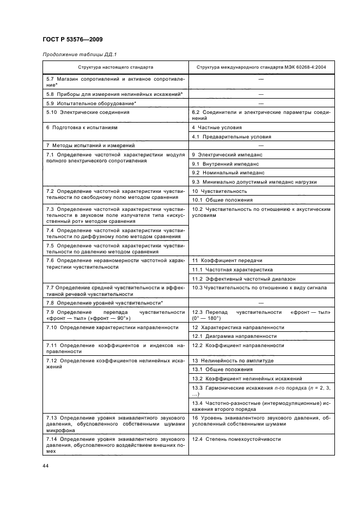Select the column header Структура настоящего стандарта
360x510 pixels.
click(115, 68)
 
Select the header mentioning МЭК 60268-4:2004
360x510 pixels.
click(261, 68)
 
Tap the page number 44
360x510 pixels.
click(46, 464)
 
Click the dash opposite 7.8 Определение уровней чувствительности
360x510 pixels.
click(261, 302)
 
